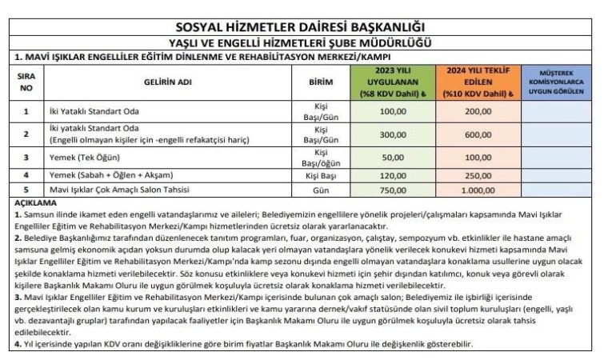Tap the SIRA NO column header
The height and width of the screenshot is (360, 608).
[26, 82]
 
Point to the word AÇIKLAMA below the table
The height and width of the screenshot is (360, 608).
[36, 203]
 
